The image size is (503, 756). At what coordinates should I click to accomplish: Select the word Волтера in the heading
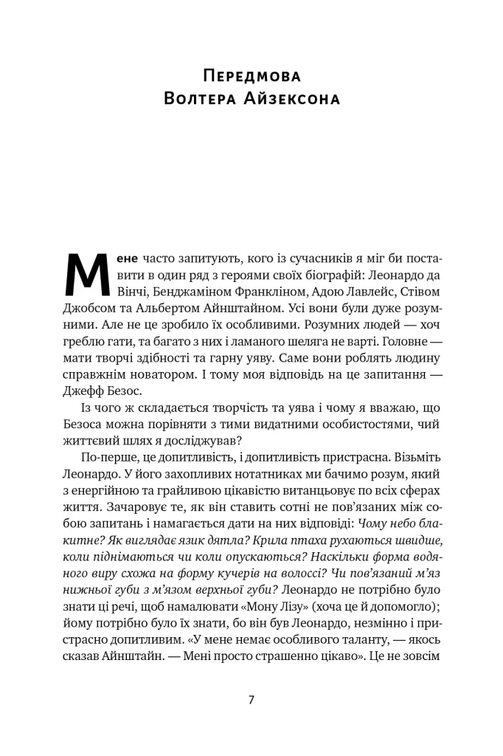pos(199,100)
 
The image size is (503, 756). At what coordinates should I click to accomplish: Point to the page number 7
pos(251,699)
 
